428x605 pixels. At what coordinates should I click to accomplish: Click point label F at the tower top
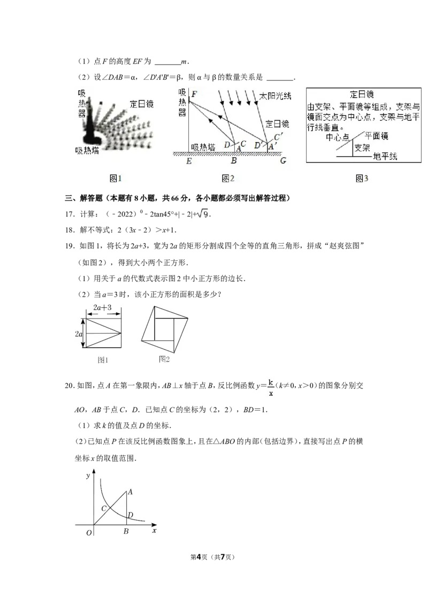[x=194, y=95]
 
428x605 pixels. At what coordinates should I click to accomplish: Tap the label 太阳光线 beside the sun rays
[x=276, y=96]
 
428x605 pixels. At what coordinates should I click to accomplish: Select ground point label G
[x=282, y=161]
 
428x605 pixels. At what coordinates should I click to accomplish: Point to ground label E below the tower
[x=189, y=161]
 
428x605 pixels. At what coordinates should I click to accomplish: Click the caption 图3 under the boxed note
[x=362, y=179]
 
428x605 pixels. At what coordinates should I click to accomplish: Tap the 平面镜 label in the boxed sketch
[x=377, y=135]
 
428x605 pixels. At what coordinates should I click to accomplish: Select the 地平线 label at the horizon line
[x=386, y=157]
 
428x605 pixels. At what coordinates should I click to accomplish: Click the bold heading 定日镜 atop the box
[x=364, y=94]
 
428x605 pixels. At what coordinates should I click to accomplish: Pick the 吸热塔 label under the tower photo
[x=87, y=150]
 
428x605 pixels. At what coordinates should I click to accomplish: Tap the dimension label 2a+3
[x=102, y=308]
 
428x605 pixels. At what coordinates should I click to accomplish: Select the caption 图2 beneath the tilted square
[x=164, y=359]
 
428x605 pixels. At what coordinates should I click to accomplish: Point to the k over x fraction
[x=271, y=388]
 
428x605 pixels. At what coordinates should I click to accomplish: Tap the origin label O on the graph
[x=89, y=531]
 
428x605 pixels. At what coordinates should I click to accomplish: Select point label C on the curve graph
[x=104, y=507]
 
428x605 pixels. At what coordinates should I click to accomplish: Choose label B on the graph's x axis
[x=126, y=531]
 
